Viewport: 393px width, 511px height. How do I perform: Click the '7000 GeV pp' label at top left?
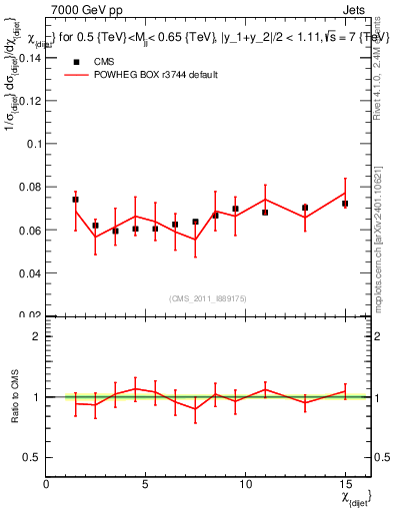81,9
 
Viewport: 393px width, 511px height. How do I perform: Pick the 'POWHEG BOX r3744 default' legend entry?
150,75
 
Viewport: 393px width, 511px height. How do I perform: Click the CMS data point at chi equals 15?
345,204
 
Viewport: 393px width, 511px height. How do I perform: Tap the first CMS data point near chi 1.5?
76,200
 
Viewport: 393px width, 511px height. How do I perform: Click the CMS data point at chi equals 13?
305,208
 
